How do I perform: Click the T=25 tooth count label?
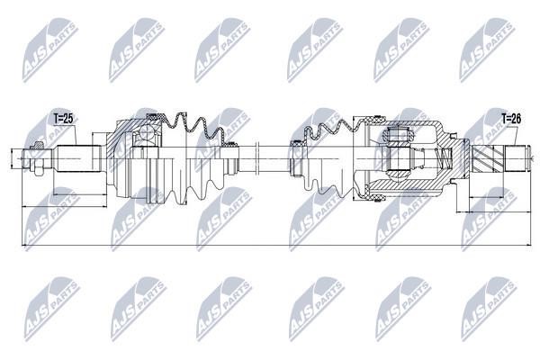[x=64, y=119]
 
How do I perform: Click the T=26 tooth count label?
[x=511, y=119]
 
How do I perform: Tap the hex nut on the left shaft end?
[x=38, y=159]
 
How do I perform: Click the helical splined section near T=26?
[x=486, y=158]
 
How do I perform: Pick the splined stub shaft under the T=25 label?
[x=78, y=158]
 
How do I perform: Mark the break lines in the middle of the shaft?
[x=257, y=158]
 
